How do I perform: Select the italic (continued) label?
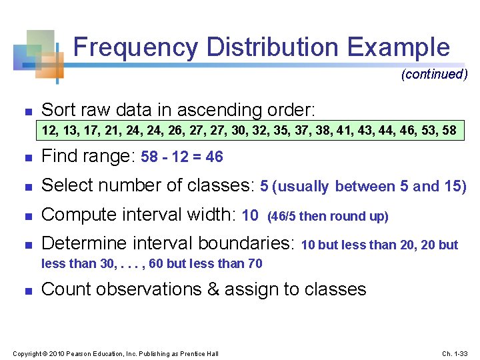click(x=434, y=74)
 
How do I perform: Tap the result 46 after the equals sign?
click(x=214, y=157)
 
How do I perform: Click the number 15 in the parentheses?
click(x=454, y=187)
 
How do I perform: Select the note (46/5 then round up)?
click(x=327, y=216)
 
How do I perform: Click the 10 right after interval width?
click(x=250, y=215)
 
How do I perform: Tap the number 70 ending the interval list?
click(x=254, y=263)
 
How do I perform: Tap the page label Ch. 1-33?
click(x=455, y=353)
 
